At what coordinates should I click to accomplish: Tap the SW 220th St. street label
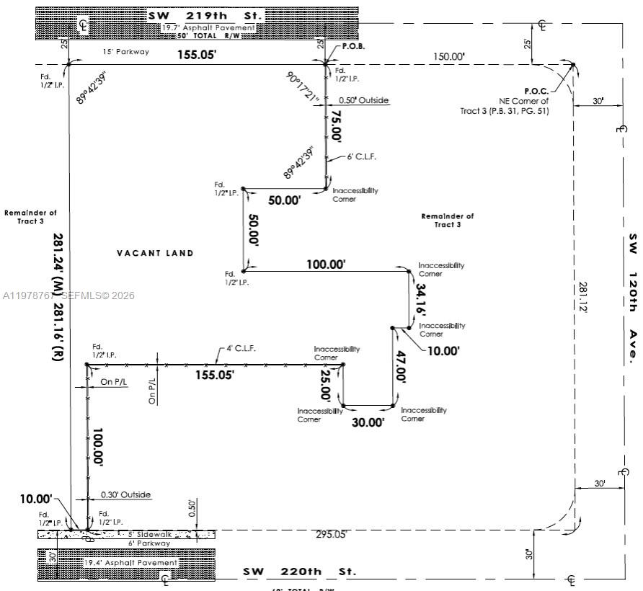click(x=299, y=572)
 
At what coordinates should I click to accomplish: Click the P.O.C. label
click(x=536, y=91)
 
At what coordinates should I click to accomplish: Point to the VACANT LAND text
click(x=155, y=253)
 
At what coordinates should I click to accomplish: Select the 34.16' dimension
click(x=422, y=297)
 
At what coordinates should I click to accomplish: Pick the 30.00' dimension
click(x=368, y=423)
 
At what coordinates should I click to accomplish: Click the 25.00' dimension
click(x=327, y=385)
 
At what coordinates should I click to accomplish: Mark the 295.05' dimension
click(x=331, y=534)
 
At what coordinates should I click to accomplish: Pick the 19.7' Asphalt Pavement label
click(x=208, y=27)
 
